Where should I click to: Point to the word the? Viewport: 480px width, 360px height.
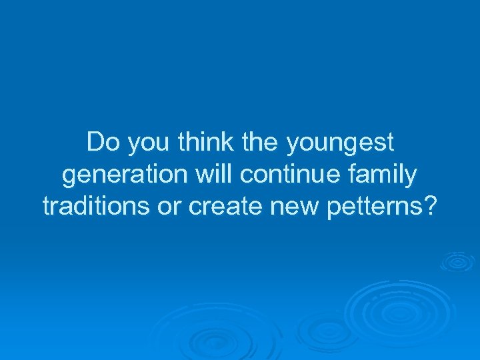tap(263, 142)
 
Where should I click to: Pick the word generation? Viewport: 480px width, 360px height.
tap(123, 175)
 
